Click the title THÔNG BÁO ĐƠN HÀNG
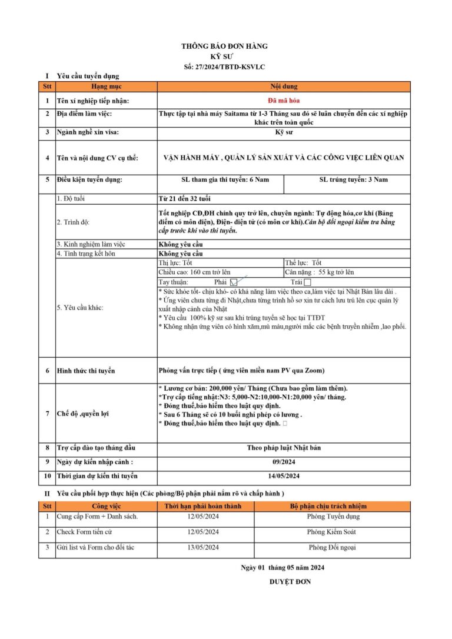(224, 46)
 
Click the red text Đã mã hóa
(284, 101)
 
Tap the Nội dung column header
(284, 86)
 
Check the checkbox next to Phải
(234, 283)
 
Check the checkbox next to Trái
(307, 283)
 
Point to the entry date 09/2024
(284, 462)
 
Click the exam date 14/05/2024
(284, 476)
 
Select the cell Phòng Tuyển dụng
(333, 517)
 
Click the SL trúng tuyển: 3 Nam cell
(347, 179)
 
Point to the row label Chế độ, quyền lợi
(82, 414)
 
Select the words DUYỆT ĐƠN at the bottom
(290, 582)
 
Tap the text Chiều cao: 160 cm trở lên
(195, 272)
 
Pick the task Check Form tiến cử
(85, 532)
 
